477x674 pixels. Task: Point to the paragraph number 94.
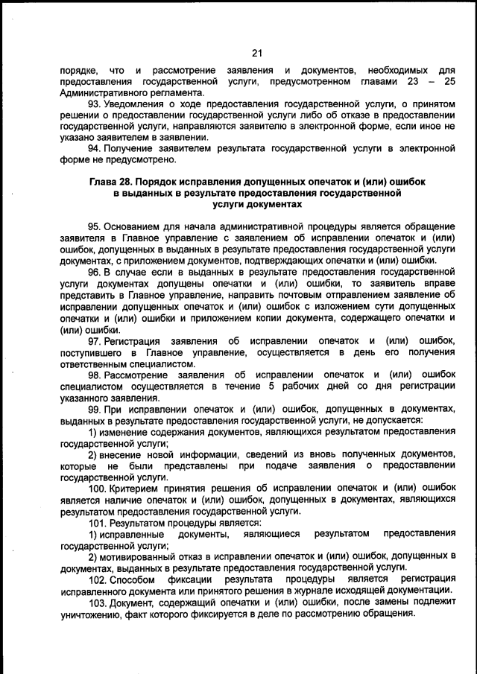click(x=95, y=149)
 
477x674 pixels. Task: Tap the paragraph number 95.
click(x=95, y=226)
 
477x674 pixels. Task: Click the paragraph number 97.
click(x=95, y=340)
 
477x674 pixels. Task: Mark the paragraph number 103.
click(x=98, y=602)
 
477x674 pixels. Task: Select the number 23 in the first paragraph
click(x=414, y=81)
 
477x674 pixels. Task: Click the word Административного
click(x=104, y=92)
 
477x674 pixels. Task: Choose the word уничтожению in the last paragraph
click(x=95, y=614)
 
